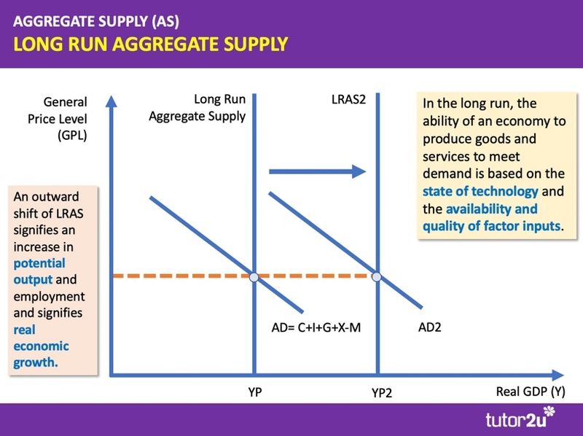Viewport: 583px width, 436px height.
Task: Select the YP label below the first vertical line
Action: pyautogui.click(x=254, y=392)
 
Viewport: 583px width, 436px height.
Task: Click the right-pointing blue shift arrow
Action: pyautogui.click(x=317, y=171)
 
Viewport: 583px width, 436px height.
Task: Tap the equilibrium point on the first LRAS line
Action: pyautogui.click(x=253, y=277)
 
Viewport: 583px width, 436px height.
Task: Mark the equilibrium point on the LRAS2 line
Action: pyautogui.click(x=377, y=277)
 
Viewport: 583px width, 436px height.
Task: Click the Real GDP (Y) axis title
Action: pyautogui.click(x=530, y=392)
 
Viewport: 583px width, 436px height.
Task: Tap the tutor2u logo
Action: pyautogui.click(x=519, y=419)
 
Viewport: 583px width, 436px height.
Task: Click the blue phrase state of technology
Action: pyautogui.click(x=480, y=191)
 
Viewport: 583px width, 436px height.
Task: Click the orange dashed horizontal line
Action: pyautogui.click(x=182, y=277)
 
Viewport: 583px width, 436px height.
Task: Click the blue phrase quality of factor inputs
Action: pyautogui.click(x=493, y=226)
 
